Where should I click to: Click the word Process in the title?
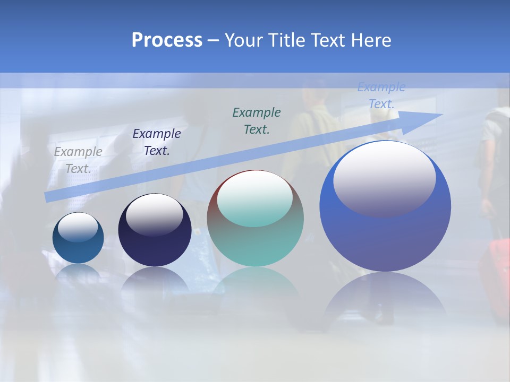point(167,40)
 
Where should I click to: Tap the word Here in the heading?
point(370,40)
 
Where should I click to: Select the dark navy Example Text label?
point(157,142)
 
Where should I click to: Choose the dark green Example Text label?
point(257,121)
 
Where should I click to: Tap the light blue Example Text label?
point(381,95)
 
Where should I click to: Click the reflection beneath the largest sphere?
point(385,297)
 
